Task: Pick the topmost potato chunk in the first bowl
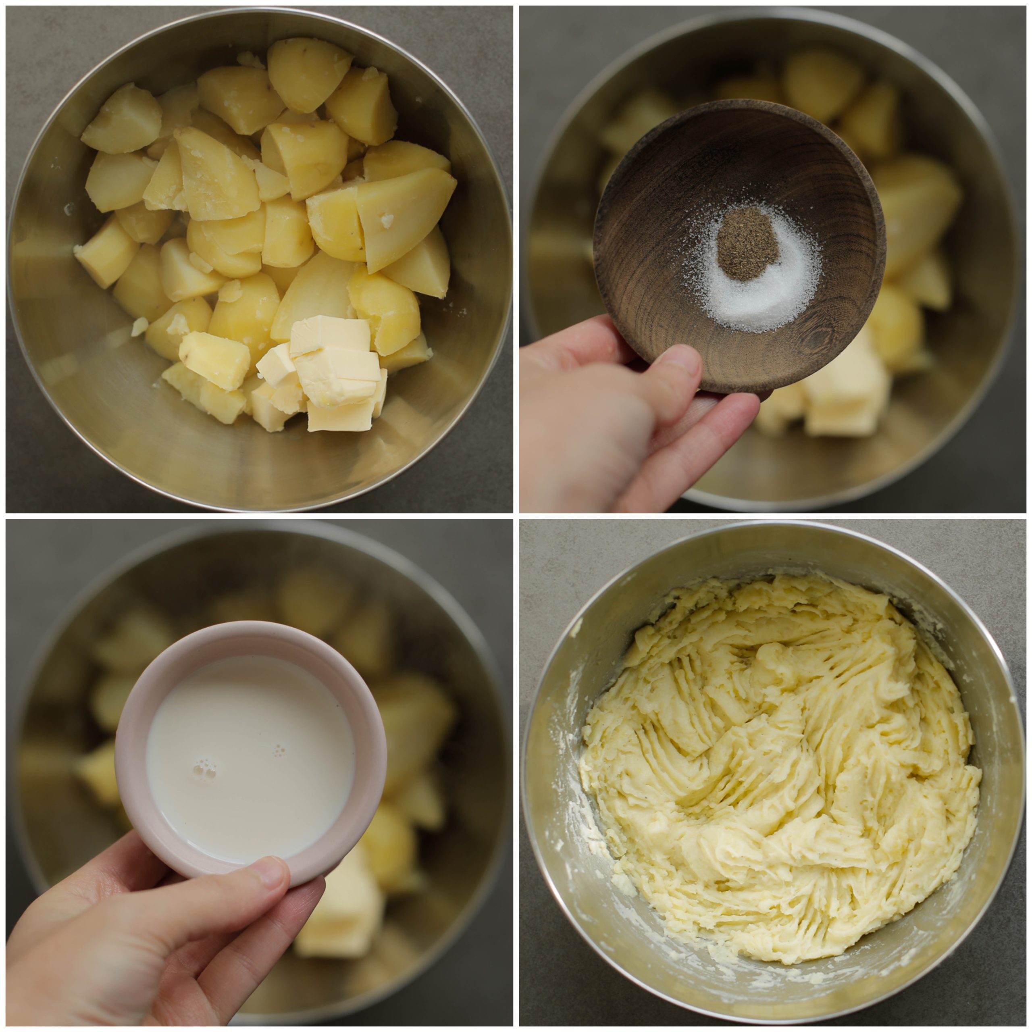tap(307, 75)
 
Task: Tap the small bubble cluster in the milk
tap(278, 751)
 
